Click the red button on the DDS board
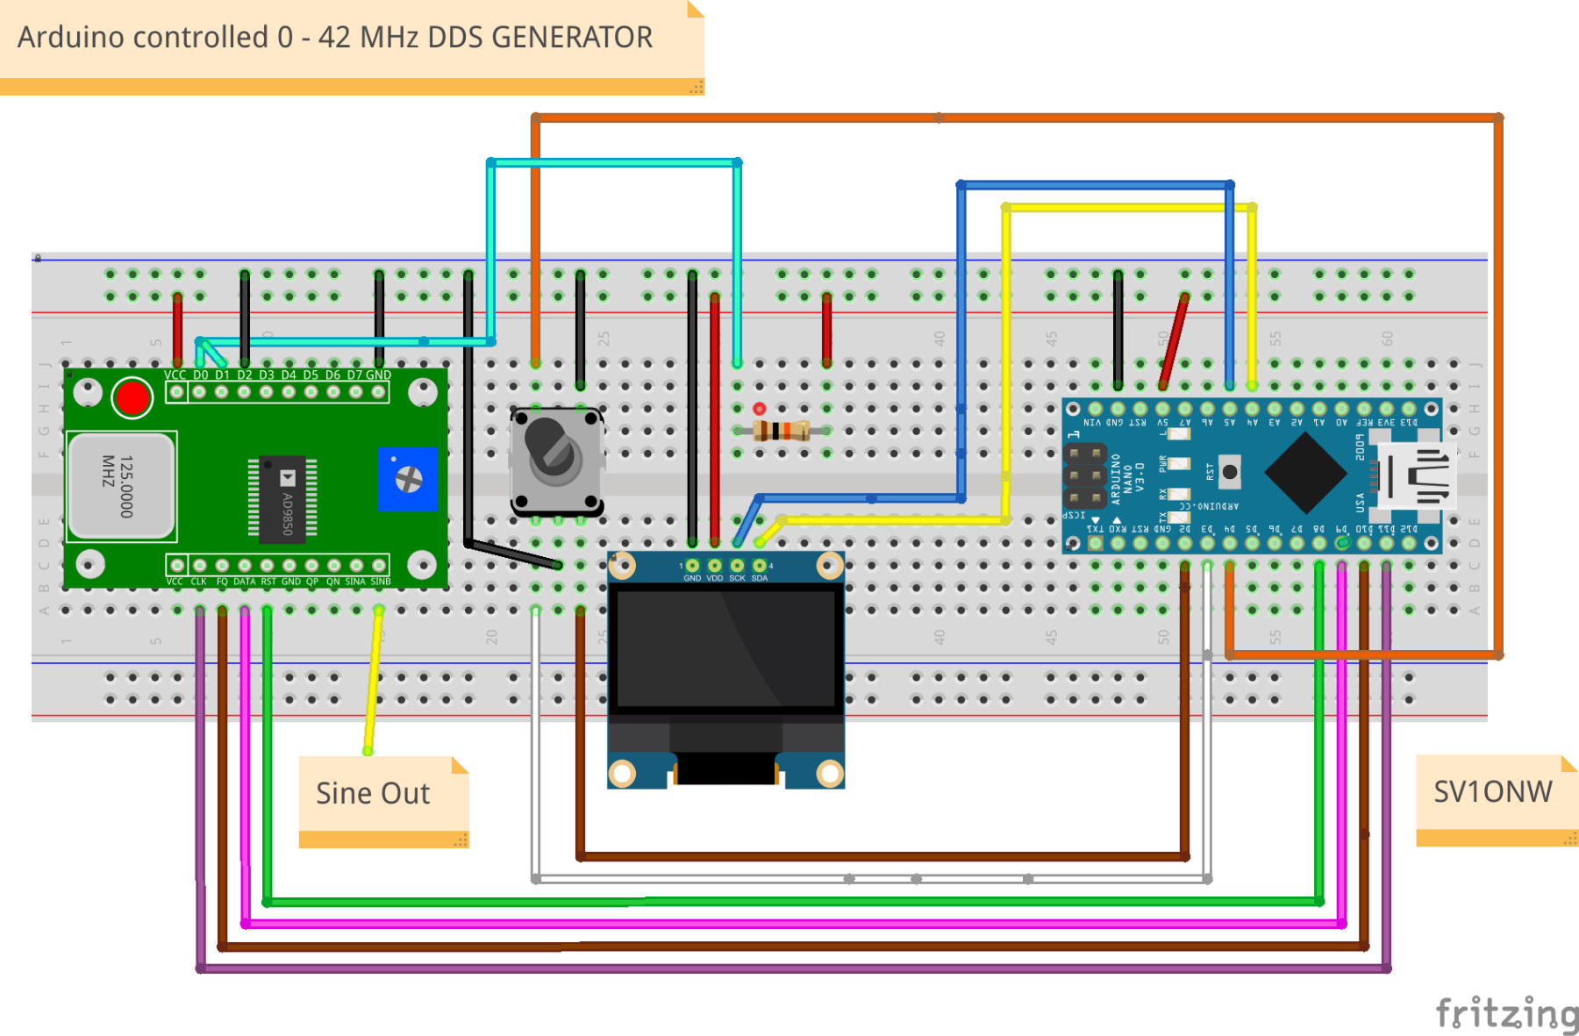132,398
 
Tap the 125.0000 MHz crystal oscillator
122,485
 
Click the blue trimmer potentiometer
408,479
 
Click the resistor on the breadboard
782,431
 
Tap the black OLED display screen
726,647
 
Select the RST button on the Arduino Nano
1230,472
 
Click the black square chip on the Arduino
1305,473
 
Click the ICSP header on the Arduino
1085,476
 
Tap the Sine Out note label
374,793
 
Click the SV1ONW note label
1492,791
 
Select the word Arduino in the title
73,38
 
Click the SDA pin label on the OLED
760,578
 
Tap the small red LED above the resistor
760,409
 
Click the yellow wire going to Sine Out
374,675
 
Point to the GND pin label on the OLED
692,578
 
